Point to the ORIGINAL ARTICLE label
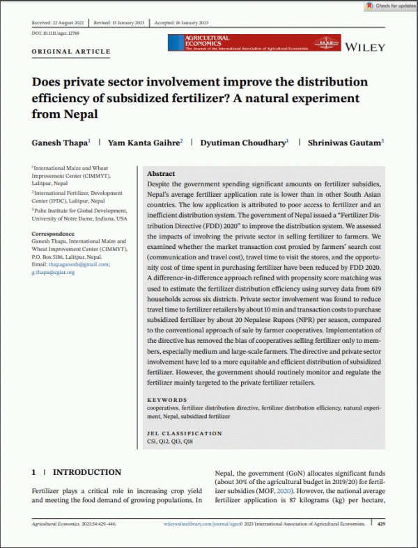[71, 52]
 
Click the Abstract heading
[162, 174]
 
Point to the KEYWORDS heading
[167, 401]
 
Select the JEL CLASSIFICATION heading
[185, 433]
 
